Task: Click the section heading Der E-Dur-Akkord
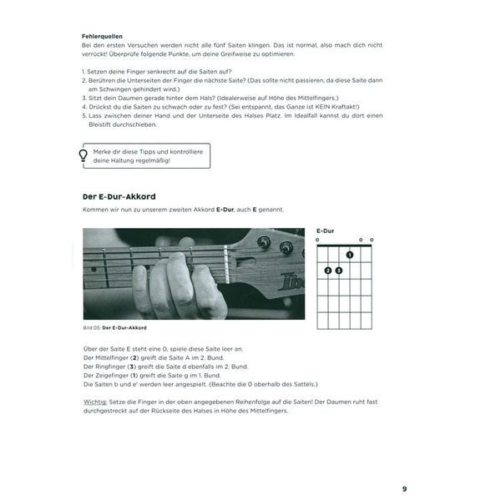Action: pos(119,197)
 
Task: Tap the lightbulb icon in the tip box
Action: pos(83,155)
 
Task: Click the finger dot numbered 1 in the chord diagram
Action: pos(350,255)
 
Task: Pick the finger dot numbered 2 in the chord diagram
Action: pos(327,271)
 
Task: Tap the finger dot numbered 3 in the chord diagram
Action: pos(339,271)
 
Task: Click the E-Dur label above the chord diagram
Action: pos(326,230)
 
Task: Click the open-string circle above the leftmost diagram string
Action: pos(317,240)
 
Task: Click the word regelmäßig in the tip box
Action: pos(148,161)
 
